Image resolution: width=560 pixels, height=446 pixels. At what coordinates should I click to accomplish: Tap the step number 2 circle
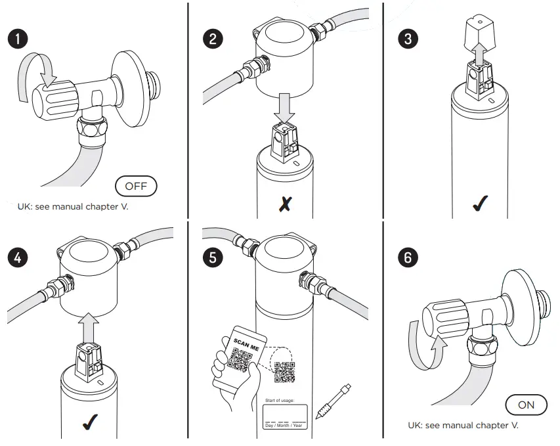[212, 38]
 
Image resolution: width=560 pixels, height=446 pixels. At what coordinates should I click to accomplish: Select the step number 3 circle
[408, 39]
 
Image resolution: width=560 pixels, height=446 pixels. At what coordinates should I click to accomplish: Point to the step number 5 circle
[212, 257]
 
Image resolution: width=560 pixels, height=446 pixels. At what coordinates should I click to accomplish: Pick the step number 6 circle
[408, 257]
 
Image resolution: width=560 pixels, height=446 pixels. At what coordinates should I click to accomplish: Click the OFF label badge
[136, 187]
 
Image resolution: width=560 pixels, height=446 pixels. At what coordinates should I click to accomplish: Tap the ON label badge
[526, 405]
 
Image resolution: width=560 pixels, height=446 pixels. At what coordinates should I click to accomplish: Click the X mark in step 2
[285, 204]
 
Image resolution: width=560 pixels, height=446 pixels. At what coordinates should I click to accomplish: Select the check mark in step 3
[480, 204]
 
